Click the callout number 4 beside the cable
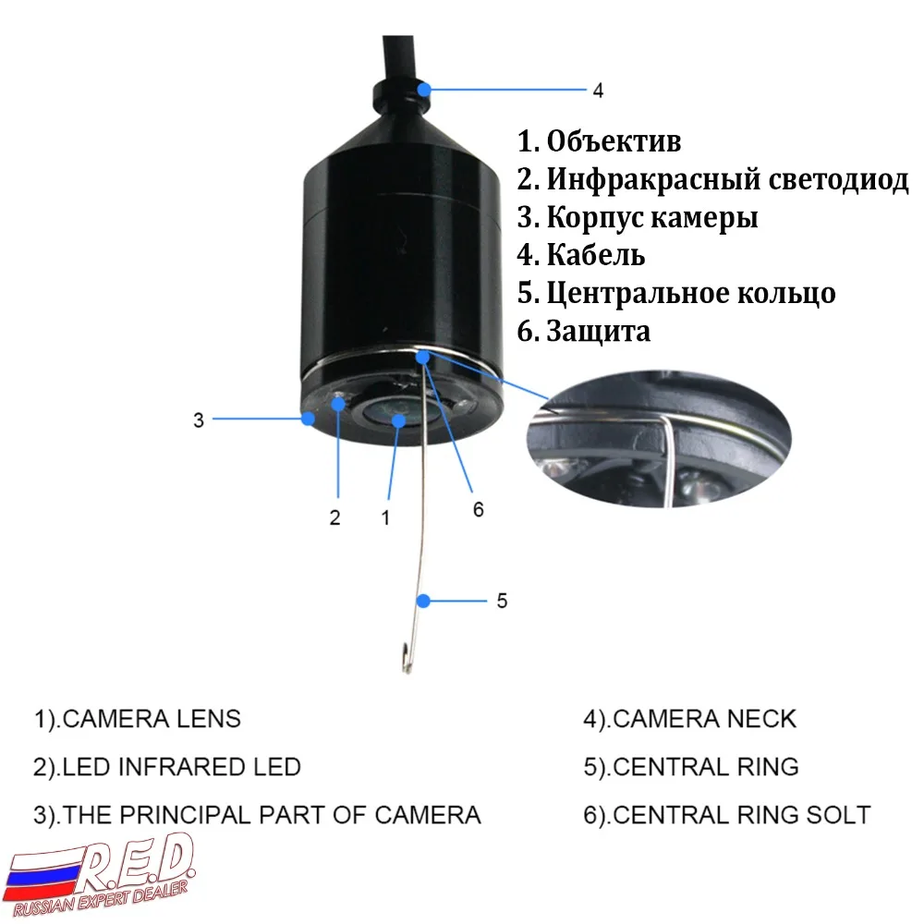point(598,91)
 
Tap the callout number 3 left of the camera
point(198,419)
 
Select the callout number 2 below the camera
point(335,517)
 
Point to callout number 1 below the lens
point(386,517)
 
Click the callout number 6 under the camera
point(478,509)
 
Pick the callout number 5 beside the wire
point(502,601)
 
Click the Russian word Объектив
point(614,142)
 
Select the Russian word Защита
point(598,331)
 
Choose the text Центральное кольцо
point(690,293)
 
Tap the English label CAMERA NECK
point(704,718)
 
